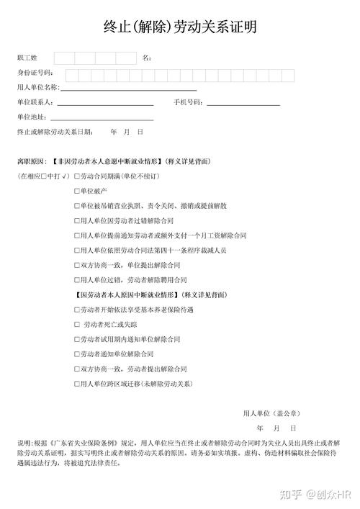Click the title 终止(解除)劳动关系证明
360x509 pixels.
coord(179,27)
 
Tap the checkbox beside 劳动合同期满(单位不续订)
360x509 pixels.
coord(77,176)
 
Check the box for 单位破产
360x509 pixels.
coord(77,191)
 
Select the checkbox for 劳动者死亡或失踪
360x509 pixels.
coord(77,324)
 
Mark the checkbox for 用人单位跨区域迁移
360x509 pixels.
coord(77,384)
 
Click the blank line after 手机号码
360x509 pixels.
coord(243,105)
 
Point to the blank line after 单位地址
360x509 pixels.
coord(102,119)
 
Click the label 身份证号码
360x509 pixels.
coord(35,73)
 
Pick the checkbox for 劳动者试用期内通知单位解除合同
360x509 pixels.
coord(77,339)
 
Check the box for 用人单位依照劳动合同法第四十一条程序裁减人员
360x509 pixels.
coord(77,250)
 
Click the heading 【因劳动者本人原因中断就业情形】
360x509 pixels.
coord(127,294)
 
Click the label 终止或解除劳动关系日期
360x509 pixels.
coord(55,132)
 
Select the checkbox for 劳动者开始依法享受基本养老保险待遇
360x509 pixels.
coord(77,310)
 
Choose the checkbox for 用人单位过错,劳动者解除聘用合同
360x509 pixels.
coord(77,279)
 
